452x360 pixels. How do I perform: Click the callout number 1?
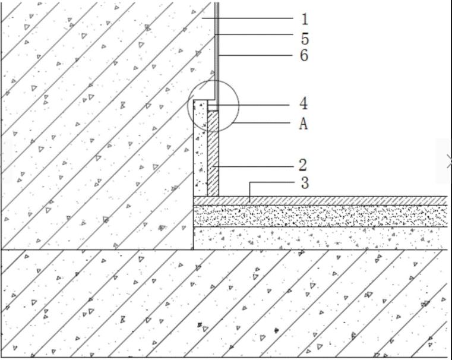click(x=305, y=19)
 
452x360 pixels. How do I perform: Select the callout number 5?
click(x=305, y=39)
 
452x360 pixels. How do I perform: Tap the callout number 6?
click(x=305, y=55)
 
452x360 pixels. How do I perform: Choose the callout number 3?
click(x=305, y=182)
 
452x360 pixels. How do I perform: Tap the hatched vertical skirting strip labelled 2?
click(x=213, y=154)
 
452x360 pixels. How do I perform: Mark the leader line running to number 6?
click(x=255, y=55)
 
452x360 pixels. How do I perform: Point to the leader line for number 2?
click(x=255, y=165)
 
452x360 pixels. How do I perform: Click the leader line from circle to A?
click(x=261, y=124)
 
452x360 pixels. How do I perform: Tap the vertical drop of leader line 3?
click(x=249, y=190)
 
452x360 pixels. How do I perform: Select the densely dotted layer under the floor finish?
click(x=321, y=215)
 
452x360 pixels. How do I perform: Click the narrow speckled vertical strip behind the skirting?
click(x=200, y=154)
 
